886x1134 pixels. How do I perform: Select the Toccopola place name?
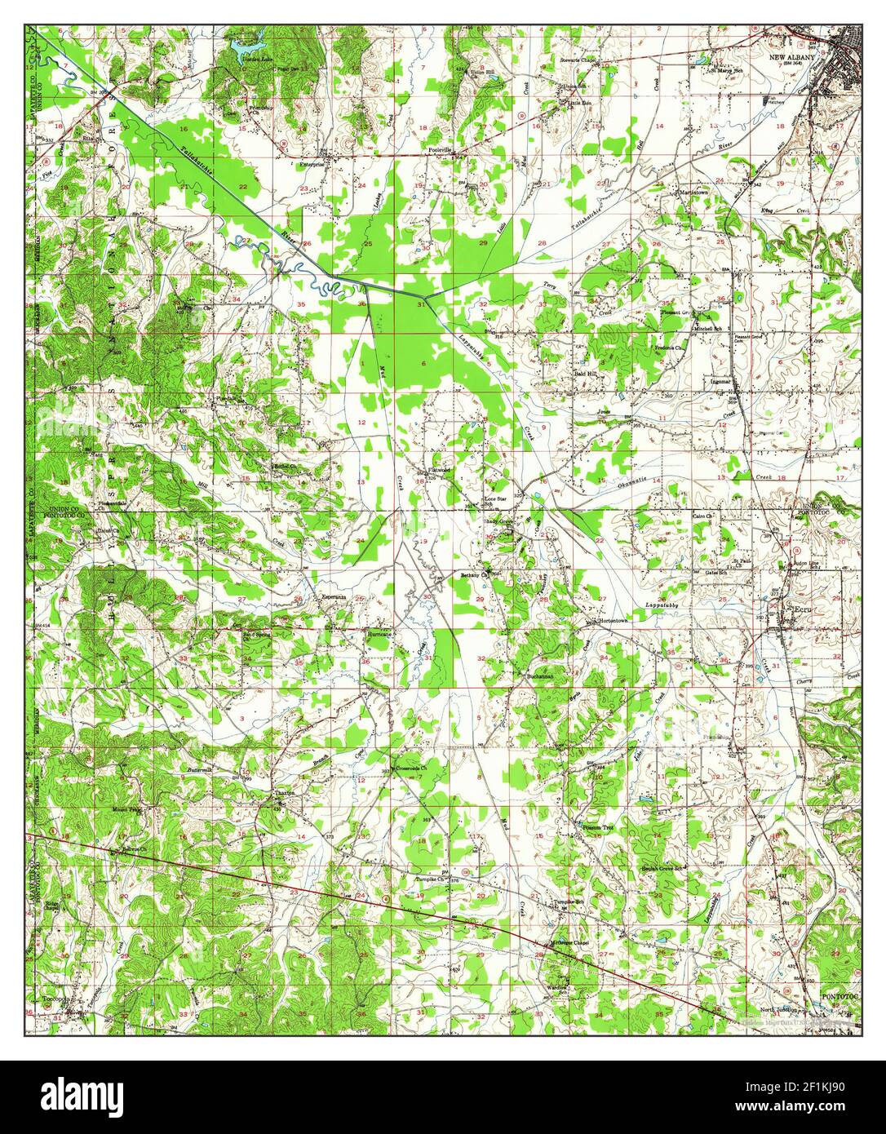(59, 997)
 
